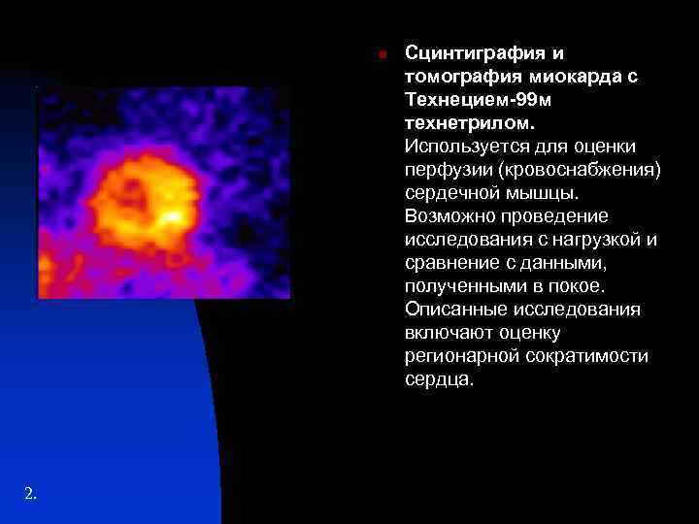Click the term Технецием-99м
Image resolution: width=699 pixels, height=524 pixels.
[x=472, y=99]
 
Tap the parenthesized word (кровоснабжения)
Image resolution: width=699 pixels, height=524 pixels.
[x=579, y=169]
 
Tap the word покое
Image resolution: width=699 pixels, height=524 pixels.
[x=579, y=285]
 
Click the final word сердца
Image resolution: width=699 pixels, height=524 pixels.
[x=439, y=379]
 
